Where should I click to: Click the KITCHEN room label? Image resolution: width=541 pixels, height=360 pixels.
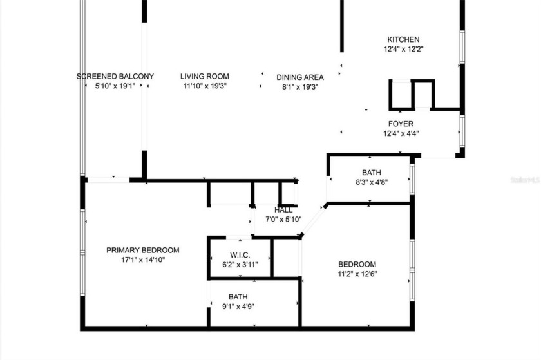[x=403, y=39]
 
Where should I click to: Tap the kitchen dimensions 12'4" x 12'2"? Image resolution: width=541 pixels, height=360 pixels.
[x=403, y=48]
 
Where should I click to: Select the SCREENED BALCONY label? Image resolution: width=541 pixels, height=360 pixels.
[x=115, y=77]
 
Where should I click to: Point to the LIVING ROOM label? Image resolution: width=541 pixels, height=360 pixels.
[x=204, y=77]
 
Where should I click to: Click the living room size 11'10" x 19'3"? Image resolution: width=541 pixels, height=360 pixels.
[x=204, y=86]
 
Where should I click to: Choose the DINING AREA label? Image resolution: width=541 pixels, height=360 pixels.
[x=300, y=77]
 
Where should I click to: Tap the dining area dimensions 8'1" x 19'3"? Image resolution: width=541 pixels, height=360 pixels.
[x=300, y=86]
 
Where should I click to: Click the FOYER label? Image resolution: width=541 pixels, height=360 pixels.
[x=401, y=124]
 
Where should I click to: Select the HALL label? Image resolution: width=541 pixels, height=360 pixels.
[x=283, y=210]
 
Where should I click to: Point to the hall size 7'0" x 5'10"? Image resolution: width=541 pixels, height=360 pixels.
[x=283, y=219]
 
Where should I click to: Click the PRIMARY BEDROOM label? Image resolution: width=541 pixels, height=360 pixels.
[x=143, y=250]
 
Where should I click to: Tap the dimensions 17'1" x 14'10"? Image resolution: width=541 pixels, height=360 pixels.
[x=143, y=260]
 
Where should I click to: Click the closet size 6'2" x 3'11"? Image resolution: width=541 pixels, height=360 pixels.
[x=239, y=263]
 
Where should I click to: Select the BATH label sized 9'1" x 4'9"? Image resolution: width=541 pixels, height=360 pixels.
[x=238, y=297]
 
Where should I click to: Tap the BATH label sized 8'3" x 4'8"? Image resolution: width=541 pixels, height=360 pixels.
[x=371, y=173]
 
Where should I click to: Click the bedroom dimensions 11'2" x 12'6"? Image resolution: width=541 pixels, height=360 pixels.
[x=357, y=274]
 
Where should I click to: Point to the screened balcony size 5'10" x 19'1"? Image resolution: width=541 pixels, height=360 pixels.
[x=115, y=86]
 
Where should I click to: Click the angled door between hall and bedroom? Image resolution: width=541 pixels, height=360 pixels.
[x=312, y=221]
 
